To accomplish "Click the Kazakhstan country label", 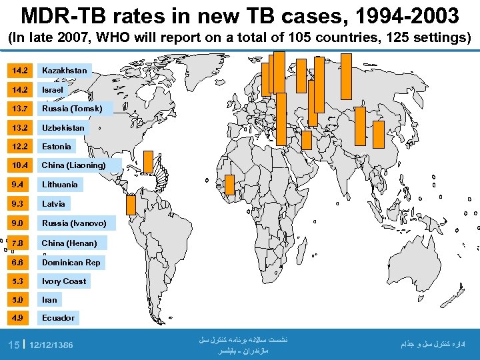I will coord(64,70).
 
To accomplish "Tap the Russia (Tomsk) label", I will coord(73,108).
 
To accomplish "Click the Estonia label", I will coord(57,146).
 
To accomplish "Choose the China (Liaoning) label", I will coord(74,165).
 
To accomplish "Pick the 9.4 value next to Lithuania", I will coord(17,184).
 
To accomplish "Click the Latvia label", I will coord(54,203).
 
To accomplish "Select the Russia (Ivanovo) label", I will coord(74,223).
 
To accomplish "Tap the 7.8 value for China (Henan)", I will coord(17,243).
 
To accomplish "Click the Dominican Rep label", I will coord(71,262).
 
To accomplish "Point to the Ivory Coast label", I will coord(64,281).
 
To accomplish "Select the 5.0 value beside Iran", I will coord(17,300).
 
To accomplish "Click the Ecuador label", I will coord(59,317).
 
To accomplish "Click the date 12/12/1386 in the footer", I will coord(51,345).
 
